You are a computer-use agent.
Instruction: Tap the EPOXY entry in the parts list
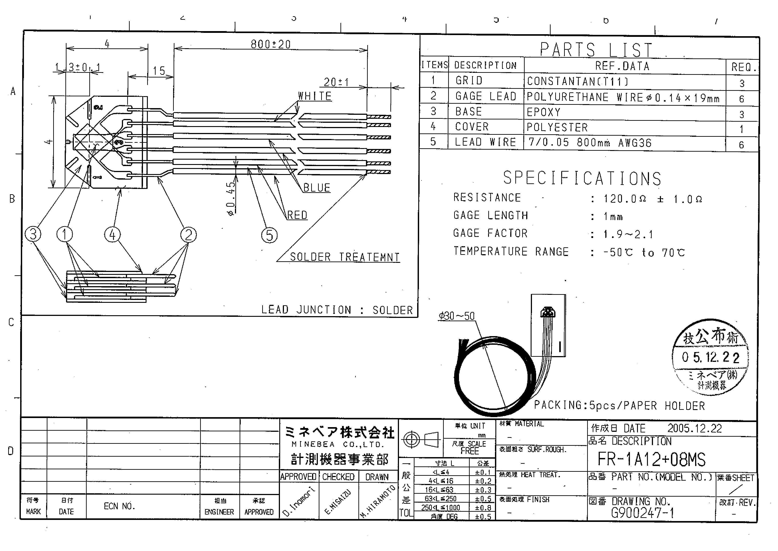[x=543, y=112]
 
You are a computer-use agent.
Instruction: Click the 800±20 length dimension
[x=270, y=44]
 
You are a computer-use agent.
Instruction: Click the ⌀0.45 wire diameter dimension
[x=231, y=198]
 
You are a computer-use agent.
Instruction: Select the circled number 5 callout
[x=269, y=235]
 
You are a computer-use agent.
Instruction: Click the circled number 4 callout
[x=113, y=234]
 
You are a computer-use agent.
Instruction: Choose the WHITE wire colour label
[x=315, y=96]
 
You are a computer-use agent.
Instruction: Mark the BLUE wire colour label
[x=317, y=188]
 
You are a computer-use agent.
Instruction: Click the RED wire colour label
[x=297, y=215]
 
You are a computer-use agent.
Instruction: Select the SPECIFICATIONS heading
[x=582, y=178]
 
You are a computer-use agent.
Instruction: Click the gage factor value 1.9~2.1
[x=628, y=234]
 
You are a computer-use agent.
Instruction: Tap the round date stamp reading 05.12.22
[x=710, y=357]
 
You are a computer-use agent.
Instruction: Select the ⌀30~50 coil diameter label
[x=456, y=316]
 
